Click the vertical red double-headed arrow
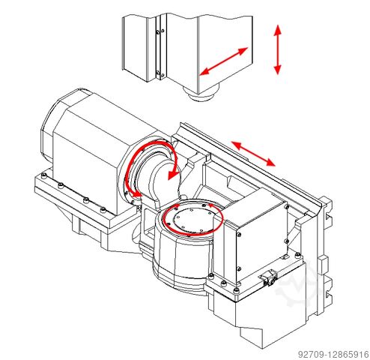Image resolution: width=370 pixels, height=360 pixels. (x=278, y=49)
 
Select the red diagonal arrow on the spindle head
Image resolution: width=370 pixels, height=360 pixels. (x=224, y=61)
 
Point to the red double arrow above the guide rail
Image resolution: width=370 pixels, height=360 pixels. (x=253, y=154)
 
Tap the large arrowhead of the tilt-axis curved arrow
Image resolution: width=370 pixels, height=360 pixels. (x=173, y=173)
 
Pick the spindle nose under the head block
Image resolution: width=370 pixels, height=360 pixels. (x=201, y=94)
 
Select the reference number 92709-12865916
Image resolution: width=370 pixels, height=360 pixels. (x=333, y=354)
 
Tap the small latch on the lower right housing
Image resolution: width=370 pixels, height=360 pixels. (x=267, y=277)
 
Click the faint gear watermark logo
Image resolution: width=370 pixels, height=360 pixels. (x=297, y=283)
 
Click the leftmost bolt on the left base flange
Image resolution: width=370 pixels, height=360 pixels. (x=44, y=175)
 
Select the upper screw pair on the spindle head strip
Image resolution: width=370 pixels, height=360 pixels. (x=160, y=31)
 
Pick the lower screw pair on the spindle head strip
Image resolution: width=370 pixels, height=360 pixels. (x=160, y=73)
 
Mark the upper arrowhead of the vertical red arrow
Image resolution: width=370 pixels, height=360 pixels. (x=278, y=29)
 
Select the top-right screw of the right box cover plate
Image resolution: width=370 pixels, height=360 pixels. (x=286, y=207)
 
